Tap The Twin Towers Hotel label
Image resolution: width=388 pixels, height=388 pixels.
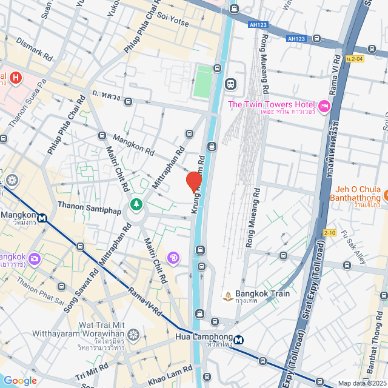[x=272, y=105]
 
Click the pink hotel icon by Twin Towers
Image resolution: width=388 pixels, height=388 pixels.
[x=324, y=107]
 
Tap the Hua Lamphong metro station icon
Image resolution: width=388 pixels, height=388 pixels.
[x=239, y=340]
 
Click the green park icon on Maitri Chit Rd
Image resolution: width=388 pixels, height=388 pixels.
[x=137, y=204]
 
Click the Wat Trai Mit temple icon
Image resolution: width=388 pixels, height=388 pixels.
[x=133, y=334]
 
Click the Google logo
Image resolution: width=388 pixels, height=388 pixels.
[x=20, y=380]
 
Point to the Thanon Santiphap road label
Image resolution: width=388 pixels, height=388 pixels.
[x=89, y=206]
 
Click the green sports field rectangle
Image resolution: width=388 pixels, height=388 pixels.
[x=202, y=82]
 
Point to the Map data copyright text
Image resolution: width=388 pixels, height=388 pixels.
[x=361, y=383]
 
